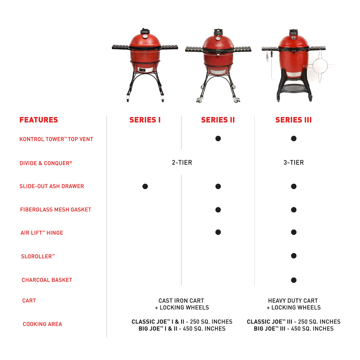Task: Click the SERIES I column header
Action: [x=145, y=120]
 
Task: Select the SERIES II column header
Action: [x=218, y=120]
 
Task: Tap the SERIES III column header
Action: [x=293, y=120]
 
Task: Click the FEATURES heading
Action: [x=39, y=120]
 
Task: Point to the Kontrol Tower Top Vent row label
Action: [x=56, y=139]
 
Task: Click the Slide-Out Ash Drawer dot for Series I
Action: [x=145, y=186]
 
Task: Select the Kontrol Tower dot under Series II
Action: [x=218, y=139]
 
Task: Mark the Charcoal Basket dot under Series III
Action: [x=294, y=280]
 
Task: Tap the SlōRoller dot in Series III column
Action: [x=294, y=256]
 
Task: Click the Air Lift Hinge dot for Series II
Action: [x=218, y=232]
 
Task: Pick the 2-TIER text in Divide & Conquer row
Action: [x=182, y=163]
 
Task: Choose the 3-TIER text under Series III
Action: [x=293, y=163]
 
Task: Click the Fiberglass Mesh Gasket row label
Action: [x=55, y=210]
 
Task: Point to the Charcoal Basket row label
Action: [x=47, y=280]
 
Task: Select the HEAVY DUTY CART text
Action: [x=293, y=301]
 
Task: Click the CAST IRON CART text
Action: [x=181, y=301]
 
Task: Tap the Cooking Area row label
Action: [x=42, y=324]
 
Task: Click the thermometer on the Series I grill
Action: [x=145, y=36]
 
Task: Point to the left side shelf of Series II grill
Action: [x=194, y=49]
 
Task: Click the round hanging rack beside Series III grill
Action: [x=320, y=66]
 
